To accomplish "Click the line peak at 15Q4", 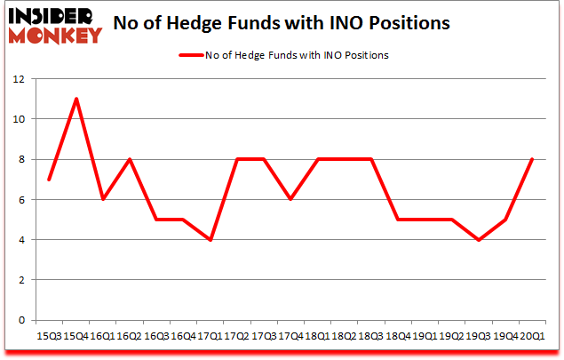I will (x=76, y=99).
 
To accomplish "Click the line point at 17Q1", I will (x=210, y=239).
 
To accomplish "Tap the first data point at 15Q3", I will (x=49, y=179).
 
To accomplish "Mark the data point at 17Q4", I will (x=290, y=199).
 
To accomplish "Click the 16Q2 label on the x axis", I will (x=130, y=337).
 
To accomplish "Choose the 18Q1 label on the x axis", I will (x=316, y=337).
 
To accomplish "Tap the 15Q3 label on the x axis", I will (x=49, y=337).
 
